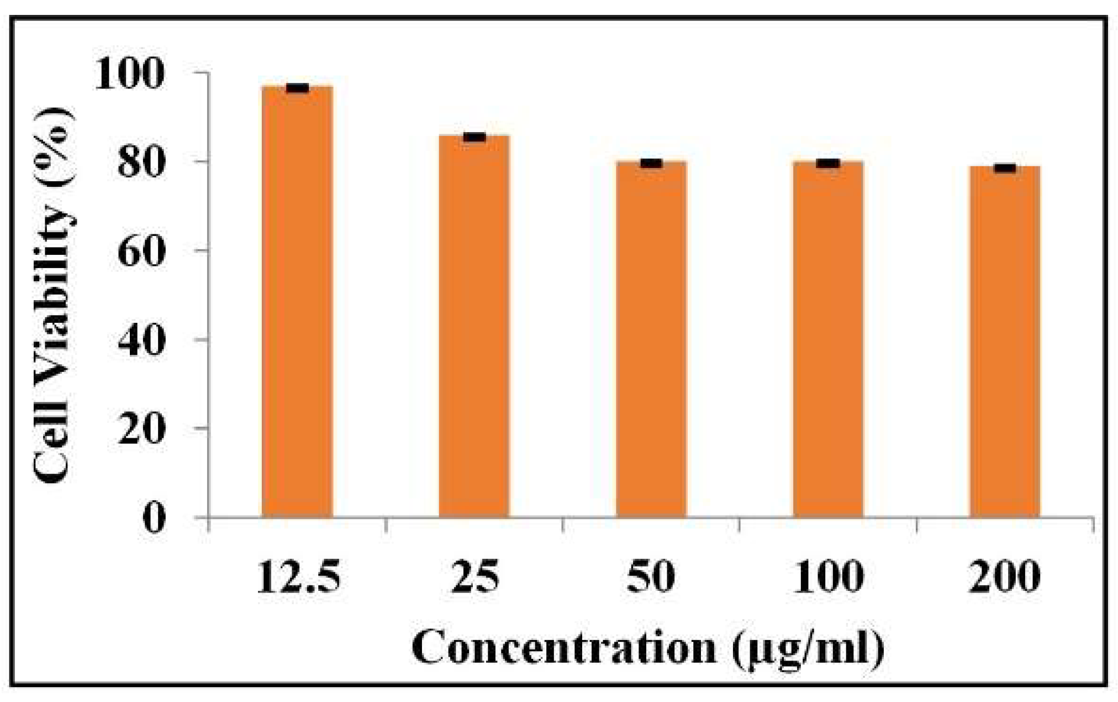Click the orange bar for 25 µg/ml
coord(474,326)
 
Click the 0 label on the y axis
coord(154,518)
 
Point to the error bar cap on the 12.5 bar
coord(297,88)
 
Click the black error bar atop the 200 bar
coord(1005,168)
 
